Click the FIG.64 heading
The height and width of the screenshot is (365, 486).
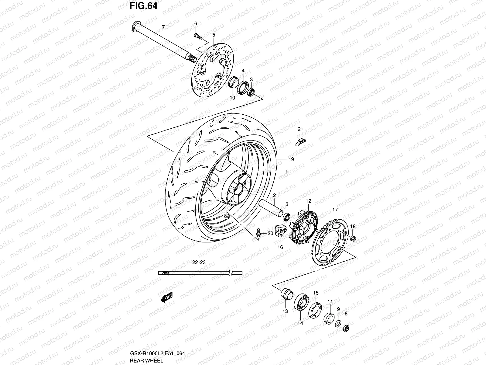point(143,6)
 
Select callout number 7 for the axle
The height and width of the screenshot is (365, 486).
point(163,27)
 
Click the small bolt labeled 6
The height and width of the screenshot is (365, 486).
point(197,36)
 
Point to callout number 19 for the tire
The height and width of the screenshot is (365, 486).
point(291,159)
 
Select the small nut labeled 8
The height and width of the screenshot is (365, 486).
point(346,328)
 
